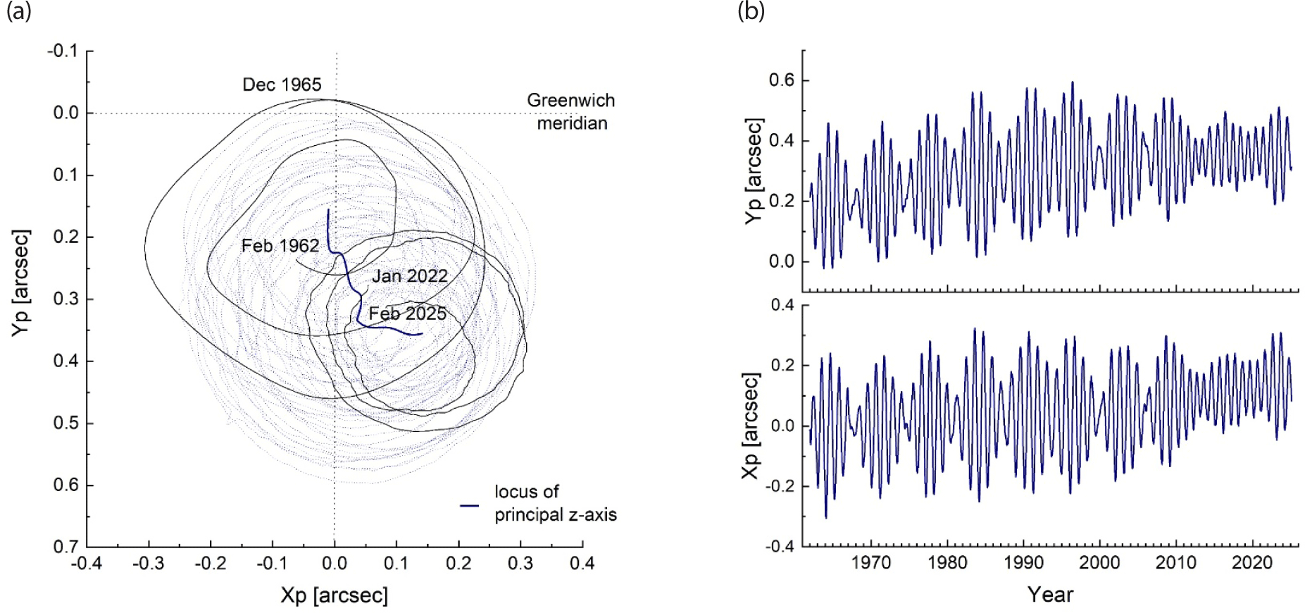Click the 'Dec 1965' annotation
pyautogui.click(x=282, y=85)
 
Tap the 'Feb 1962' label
pyautogui.click(x=280, y=246)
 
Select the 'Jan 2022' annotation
pyautogui.click(x=409, y=276)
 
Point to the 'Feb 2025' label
pyautogui.click(x=408, y=314)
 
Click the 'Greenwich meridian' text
pyautogui.click(x=571, y=111)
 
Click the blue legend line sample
pyautogui.click(x=470, y=505)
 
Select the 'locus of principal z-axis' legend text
pyautogui.click(x=555, y=503)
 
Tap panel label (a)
pyautogui.click(x=18, y=11)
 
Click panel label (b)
pyautogui.click(x=751, y=11)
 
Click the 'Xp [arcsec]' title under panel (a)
pyautogui.click(x=334, y=595)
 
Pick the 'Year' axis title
pyautogui.click(x=1050, y=595)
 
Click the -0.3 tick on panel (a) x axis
pyautogui.click(x=149, y=564)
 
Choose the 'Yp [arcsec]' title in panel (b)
pyautogui.click(x=754, y=171)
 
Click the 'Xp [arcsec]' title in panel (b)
pyautogui.click(x=751, y=426)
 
